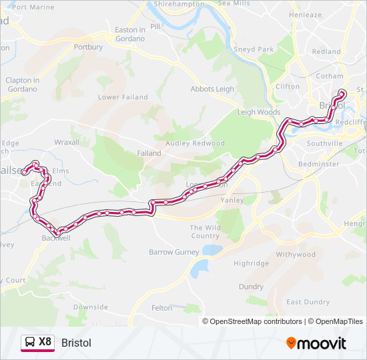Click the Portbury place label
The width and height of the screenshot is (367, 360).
88,47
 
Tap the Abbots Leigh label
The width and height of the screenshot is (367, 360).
212,89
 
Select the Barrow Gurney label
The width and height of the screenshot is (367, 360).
173,252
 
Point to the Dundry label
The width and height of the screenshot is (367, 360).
251,286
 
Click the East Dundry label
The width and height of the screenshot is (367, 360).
308,302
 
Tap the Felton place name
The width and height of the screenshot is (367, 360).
161,307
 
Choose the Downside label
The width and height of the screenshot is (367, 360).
90,307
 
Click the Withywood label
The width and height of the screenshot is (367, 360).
295,255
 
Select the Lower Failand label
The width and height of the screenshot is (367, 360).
123,97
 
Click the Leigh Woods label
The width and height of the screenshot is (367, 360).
259,112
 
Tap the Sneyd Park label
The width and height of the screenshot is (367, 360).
254,49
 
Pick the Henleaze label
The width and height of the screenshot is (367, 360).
305,15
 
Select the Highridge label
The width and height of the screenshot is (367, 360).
251,263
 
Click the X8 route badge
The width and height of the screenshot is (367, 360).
37,343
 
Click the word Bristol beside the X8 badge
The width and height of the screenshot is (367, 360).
76,343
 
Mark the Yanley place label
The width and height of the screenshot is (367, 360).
232,199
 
